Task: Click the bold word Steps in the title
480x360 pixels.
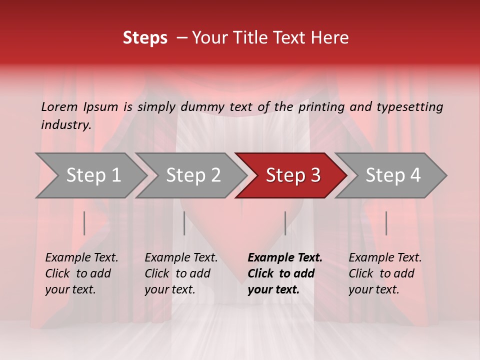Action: coord(145,38)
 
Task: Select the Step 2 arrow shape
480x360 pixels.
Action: coord(193,175)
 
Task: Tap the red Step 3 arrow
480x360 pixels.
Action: coord(293,175)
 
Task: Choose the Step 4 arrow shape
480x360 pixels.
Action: coord(393,175)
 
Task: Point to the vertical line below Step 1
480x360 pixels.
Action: coord(84,223)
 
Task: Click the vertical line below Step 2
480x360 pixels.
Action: coord(184,223)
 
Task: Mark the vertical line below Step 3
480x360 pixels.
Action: coord(285,223)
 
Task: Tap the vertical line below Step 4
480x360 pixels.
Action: coord(386,223)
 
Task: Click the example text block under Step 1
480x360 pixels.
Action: coord(81,273)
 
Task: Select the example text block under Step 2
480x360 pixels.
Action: coord(181,273)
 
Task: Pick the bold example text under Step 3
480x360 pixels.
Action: coord(285,273)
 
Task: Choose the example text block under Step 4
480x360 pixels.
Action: coord(385,273)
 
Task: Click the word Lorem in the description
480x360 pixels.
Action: coord(59,107)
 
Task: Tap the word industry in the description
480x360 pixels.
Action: coord(65,125)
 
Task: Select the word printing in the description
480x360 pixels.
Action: coord(320,107)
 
